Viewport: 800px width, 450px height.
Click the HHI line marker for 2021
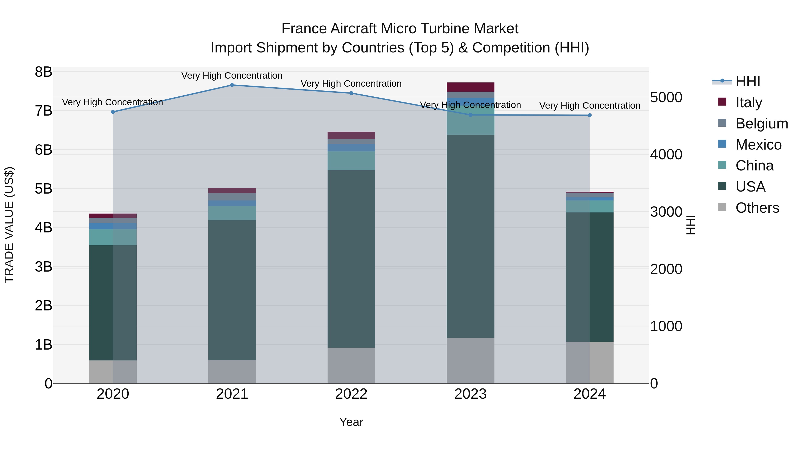pos(232,85)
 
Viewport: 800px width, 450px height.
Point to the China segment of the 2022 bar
pos(351,161)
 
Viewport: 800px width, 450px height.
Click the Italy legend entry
pos(748,102)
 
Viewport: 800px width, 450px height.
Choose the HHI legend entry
pos(748,81)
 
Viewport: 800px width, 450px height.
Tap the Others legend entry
pos(757,208)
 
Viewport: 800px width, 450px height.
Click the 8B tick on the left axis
pos(44,72)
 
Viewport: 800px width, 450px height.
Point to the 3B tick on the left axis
pos(44,267)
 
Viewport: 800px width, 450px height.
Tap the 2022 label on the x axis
pos(351,394)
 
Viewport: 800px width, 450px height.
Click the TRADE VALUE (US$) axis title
pos(9,225)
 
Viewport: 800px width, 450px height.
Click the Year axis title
pos(351,422)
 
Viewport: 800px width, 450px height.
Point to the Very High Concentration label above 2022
pos(351,84)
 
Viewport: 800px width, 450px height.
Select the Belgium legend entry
pos(762,124)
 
